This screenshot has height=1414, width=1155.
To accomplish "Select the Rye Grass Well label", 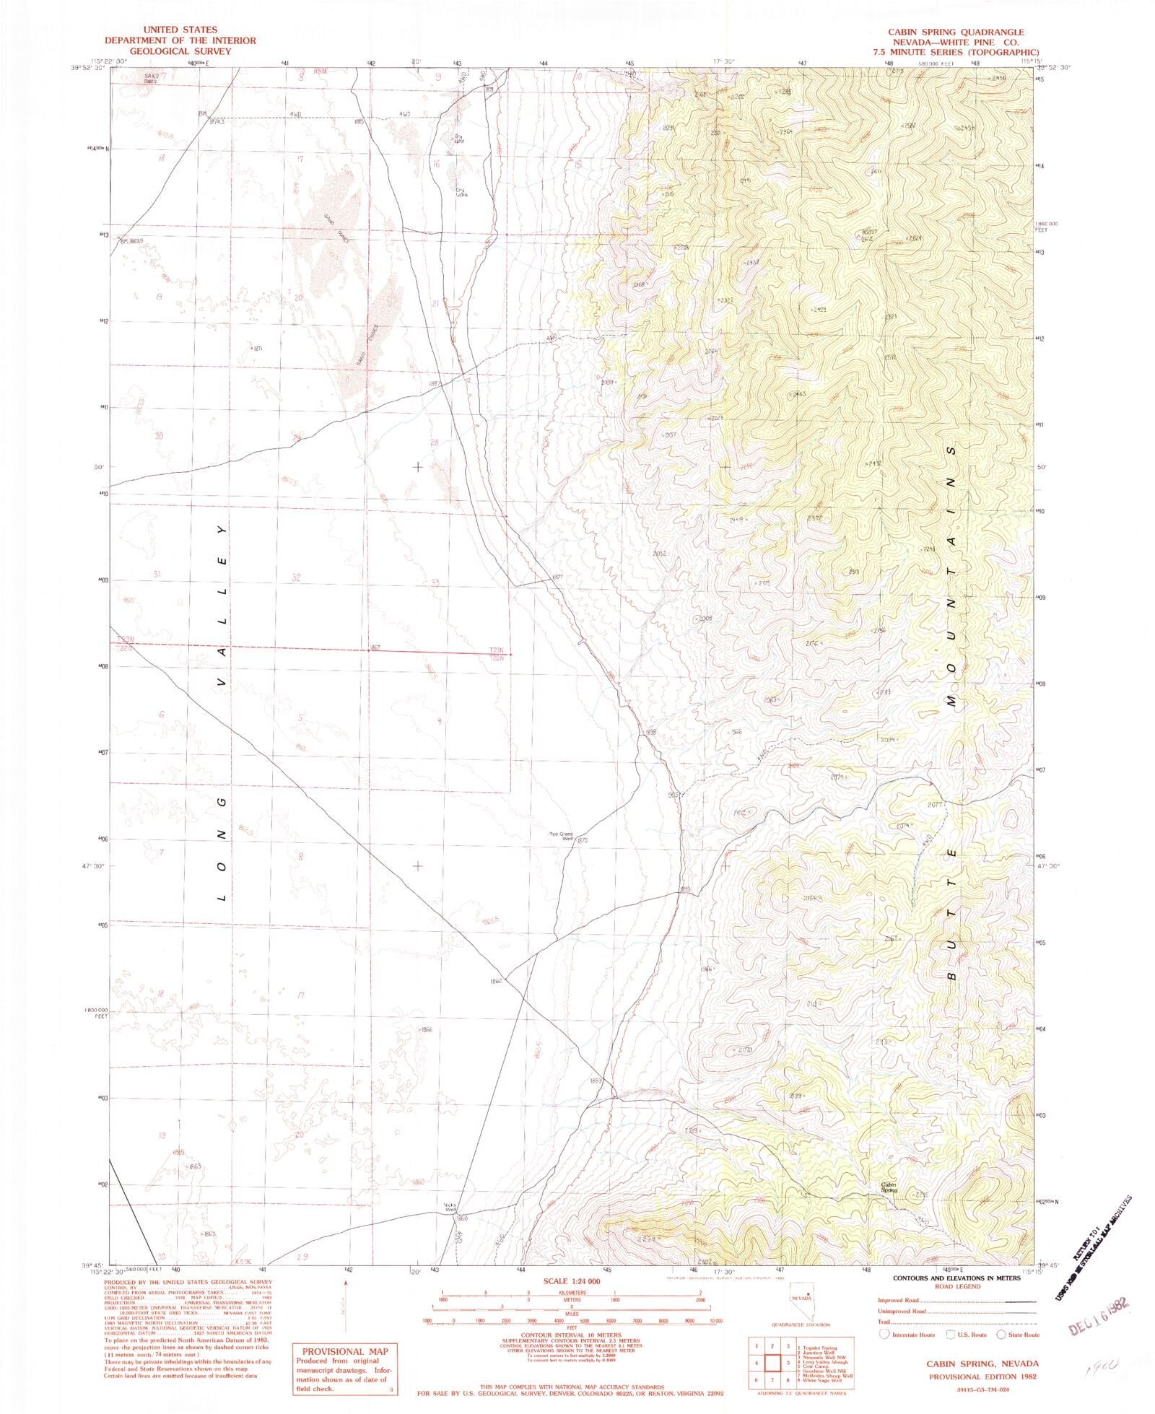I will pyautogui.click(x=561, y=837).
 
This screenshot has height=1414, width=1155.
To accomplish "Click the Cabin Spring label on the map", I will pyautogui.click(x=889, y=1187).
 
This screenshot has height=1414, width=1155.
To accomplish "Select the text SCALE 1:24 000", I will pyautogui.click(x=570, y=1280).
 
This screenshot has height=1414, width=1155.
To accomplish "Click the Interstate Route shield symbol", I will pyautogui.click(x=884, y=1335).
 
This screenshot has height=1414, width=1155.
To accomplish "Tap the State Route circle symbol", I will pyautogui.click(x=1001, y=1335).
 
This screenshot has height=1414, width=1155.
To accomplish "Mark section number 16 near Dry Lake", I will pyautogui.click(x=436, y=165).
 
